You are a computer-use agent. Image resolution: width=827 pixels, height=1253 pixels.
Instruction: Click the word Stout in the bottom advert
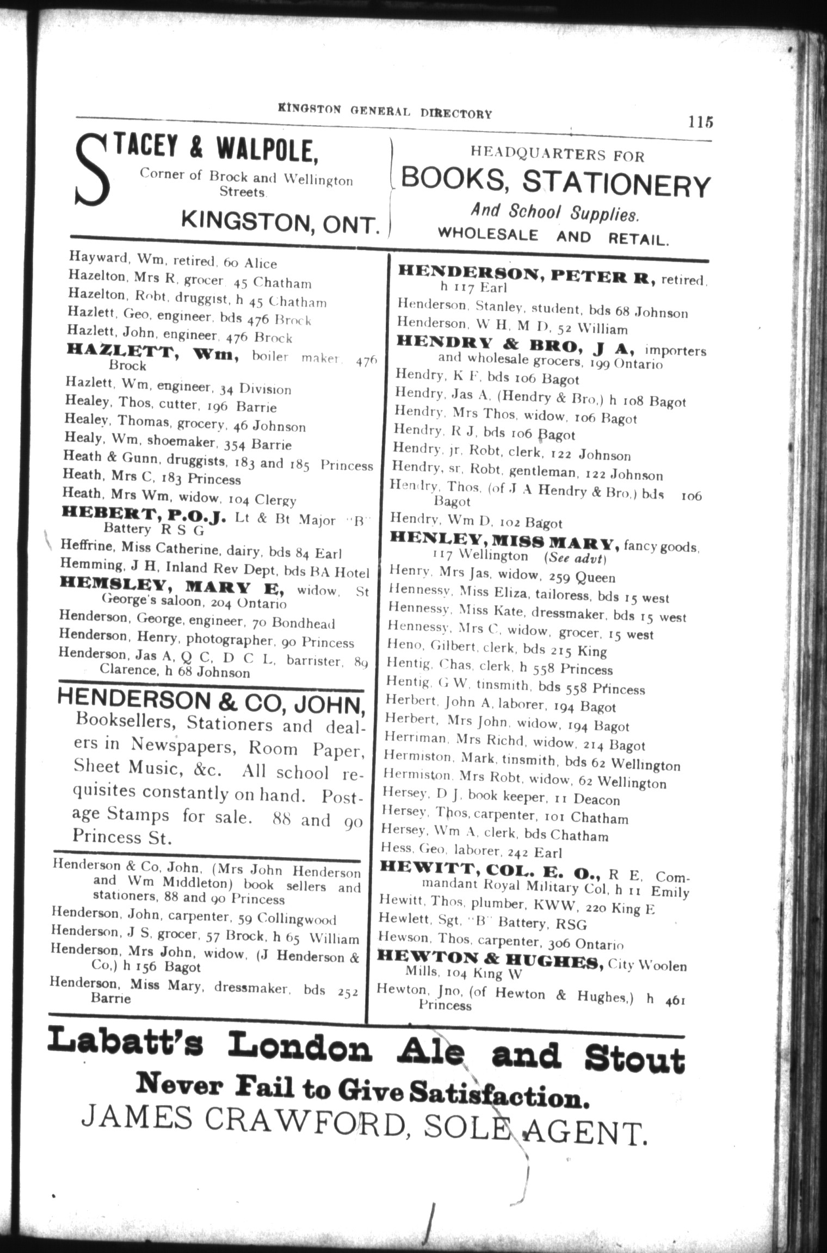click(634, 1058)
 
